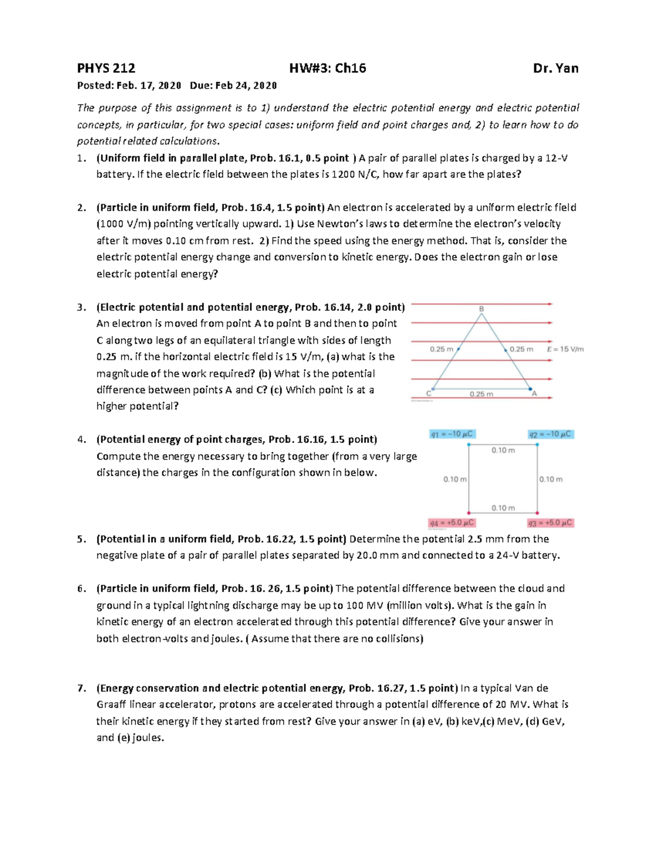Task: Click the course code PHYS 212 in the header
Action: click(x=106, y=68)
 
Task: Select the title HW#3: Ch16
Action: click(x=327, y=68)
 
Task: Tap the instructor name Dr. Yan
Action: click(x=555, y=68)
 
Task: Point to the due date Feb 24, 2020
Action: click(x=246, y=85)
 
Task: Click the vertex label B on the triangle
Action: click(x=482, y=309)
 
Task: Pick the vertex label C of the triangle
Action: click(x=429, y=394)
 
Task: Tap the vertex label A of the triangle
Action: click(x=534, y=394)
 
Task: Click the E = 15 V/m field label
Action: click(x=565, y=349)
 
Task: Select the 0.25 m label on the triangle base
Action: click(x=481, y=394)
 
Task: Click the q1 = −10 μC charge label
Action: click(x=452, y=434)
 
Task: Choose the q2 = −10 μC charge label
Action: click(x=550, y=434)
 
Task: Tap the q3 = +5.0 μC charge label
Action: click(x=550, y=523)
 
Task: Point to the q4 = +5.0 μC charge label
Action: click(x=452, y=523)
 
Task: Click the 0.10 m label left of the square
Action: click(x=455, y=479)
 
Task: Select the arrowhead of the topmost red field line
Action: click(x=550, y=304)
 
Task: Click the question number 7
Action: click(x=81, y=689)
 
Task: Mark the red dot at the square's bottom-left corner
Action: click(x=468, y=513)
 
